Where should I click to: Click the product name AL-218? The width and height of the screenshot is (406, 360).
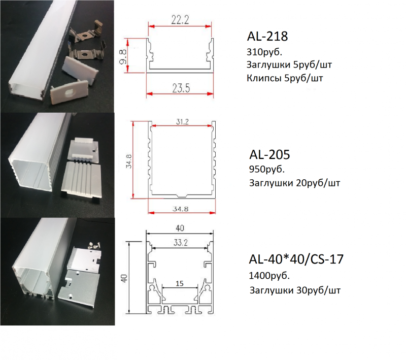point(267,36)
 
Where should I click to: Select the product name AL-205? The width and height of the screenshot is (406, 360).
point(269,155)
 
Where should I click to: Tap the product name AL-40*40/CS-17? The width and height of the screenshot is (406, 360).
point(296,259)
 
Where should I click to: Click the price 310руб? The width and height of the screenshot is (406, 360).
point(264,52)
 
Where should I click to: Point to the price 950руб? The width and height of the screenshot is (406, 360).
point(267,170)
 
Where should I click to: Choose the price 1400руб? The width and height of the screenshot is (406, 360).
point(269,276)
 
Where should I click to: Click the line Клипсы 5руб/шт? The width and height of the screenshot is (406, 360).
point(285,78)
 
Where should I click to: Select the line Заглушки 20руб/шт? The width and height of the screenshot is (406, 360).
point(294,183)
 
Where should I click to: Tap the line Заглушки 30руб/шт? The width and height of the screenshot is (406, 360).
point(295,290)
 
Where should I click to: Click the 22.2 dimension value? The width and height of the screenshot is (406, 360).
point(180,20)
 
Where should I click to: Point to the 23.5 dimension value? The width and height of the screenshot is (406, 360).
point(181,88)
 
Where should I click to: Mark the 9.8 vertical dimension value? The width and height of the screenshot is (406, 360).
point(123,56)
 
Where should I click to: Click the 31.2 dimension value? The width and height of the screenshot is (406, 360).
point(182,121)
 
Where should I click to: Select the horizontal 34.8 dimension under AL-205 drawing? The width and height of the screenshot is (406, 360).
point(181,209)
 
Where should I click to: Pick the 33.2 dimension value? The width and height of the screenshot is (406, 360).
point(181,243)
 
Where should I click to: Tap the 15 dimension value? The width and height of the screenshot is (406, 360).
point(180,284)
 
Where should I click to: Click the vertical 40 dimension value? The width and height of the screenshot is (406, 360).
point(125,278)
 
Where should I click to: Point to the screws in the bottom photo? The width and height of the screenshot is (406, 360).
point(94,246)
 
